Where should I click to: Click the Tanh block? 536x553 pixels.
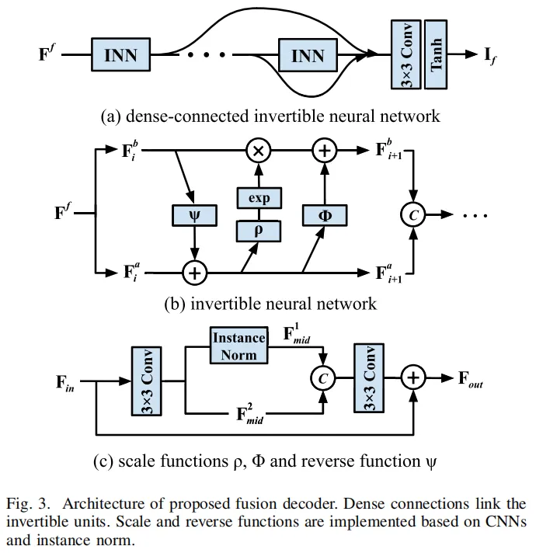[436, 55]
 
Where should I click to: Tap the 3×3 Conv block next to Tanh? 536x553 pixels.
[405, 55]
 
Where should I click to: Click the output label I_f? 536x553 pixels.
[492, 55]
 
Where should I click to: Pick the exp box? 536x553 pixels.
[259, 198]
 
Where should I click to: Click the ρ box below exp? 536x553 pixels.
[259, 231]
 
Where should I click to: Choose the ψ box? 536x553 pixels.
[193, 215]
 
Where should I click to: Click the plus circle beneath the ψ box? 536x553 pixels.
[193, 273]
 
